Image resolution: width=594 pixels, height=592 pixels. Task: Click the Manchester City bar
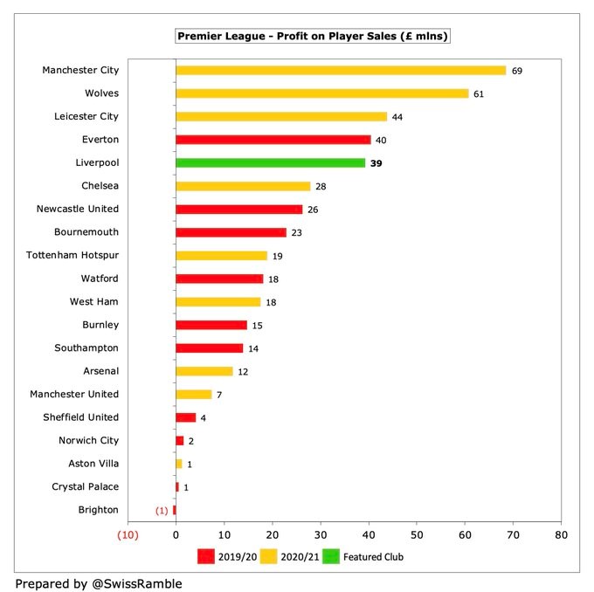tap(341, 70)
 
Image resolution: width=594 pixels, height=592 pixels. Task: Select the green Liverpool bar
tap(271, 162)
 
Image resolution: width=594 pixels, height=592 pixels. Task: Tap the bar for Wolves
tap(322, 93)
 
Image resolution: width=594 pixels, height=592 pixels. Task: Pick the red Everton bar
tap(273, 139)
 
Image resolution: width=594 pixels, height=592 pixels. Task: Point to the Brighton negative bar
tap(174, 510)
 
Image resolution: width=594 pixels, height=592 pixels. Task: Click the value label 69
tap(517, 70)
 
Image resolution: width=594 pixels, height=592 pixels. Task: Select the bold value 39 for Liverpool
tap(376, 162)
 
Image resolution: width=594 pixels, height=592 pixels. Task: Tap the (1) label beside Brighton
tap(162, 510)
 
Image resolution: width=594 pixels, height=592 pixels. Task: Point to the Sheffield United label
tap(81, 417)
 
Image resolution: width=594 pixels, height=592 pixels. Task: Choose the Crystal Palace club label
tap(84, 486)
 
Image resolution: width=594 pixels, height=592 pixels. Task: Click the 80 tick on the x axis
tap(561, 534)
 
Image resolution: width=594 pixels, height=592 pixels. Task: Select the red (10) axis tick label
tap(128, 534)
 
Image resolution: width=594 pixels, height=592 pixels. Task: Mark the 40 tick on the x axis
tap(369, 534)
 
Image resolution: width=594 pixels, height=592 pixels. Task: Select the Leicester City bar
tap(281, 116)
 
